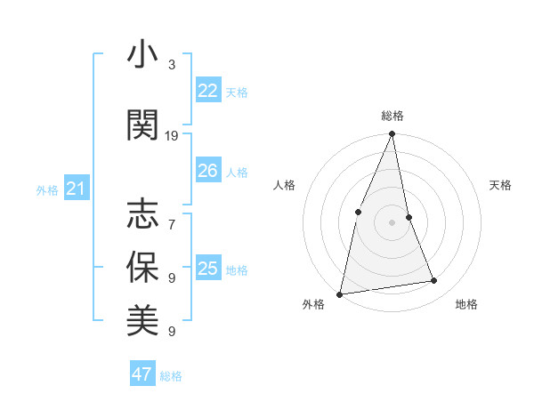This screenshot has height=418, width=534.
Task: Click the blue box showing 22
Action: (x=207, y=91)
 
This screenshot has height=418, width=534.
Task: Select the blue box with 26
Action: (x=207, y=171)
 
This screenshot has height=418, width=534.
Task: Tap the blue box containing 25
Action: (x=207, y=269)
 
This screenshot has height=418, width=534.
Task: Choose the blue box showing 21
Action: (x=76, y=189)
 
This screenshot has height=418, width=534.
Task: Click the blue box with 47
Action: (x=142, y=374)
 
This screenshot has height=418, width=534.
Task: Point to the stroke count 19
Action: (x=172, y=136)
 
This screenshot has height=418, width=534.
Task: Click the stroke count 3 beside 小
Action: (x=172, y=65)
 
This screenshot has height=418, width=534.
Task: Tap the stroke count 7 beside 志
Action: (x=172, y=216)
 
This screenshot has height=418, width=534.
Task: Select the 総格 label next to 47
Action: (x=171, y=376)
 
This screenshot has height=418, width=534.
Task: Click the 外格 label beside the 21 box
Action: (x=47, y=189)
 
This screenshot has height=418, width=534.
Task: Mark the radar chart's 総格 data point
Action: (x=392, y=134)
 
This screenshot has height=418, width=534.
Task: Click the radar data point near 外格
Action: (x=340, y=293)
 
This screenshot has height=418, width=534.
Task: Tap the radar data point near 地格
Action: (x=434, y=281)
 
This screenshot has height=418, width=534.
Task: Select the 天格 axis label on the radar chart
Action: (x=501, y=185)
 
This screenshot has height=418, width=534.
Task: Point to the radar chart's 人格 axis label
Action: (x=284, y=185)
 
